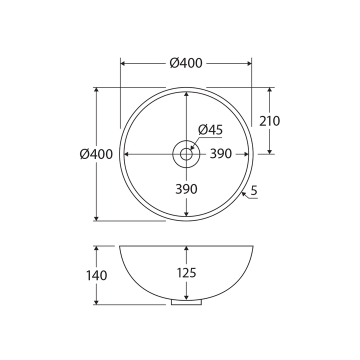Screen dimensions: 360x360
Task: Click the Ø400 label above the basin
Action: tap(186, 63)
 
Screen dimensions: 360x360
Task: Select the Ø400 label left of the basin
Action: tap(96, 154)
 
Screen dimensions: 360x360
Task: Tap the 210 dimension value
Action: tap(269, 121)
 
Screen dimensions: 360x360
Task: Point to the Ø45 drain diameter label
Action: tap(210, 130)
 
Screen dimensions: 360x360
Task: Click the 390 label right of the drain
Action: tap(220, 154)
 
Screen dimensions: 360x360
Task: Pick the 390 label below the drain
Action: tap(186, 189)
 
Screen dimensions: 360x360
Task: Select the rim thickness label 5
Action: tap(254, 190)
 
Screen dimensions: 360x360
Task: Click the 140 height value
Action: tap(96, 275)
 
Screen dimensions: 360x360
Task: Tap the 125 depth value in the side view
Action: tap(186, 273)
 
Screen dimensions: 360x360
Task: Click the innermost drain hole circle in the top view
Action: tap(186, 154)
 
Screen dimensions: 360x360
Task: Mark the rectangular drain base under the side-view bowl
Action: tap(186, 302)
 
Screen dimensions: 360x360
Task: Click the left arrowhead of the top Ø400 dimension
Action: tap(123, 63)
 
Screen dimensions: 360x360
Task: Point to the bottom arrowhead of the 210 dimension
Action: tap(269, 151)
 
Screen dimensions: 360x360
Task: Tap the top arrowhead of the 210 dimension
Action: tap(269, 90)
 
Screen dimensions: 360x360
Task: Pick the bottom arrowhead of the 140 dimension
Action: tap(96, 302)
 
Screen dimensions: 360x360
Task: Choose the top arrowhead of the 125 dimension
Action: tap(186, 248)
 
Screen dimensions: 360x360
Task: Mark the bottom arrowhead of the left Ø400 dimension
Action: tap(96, 218)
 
